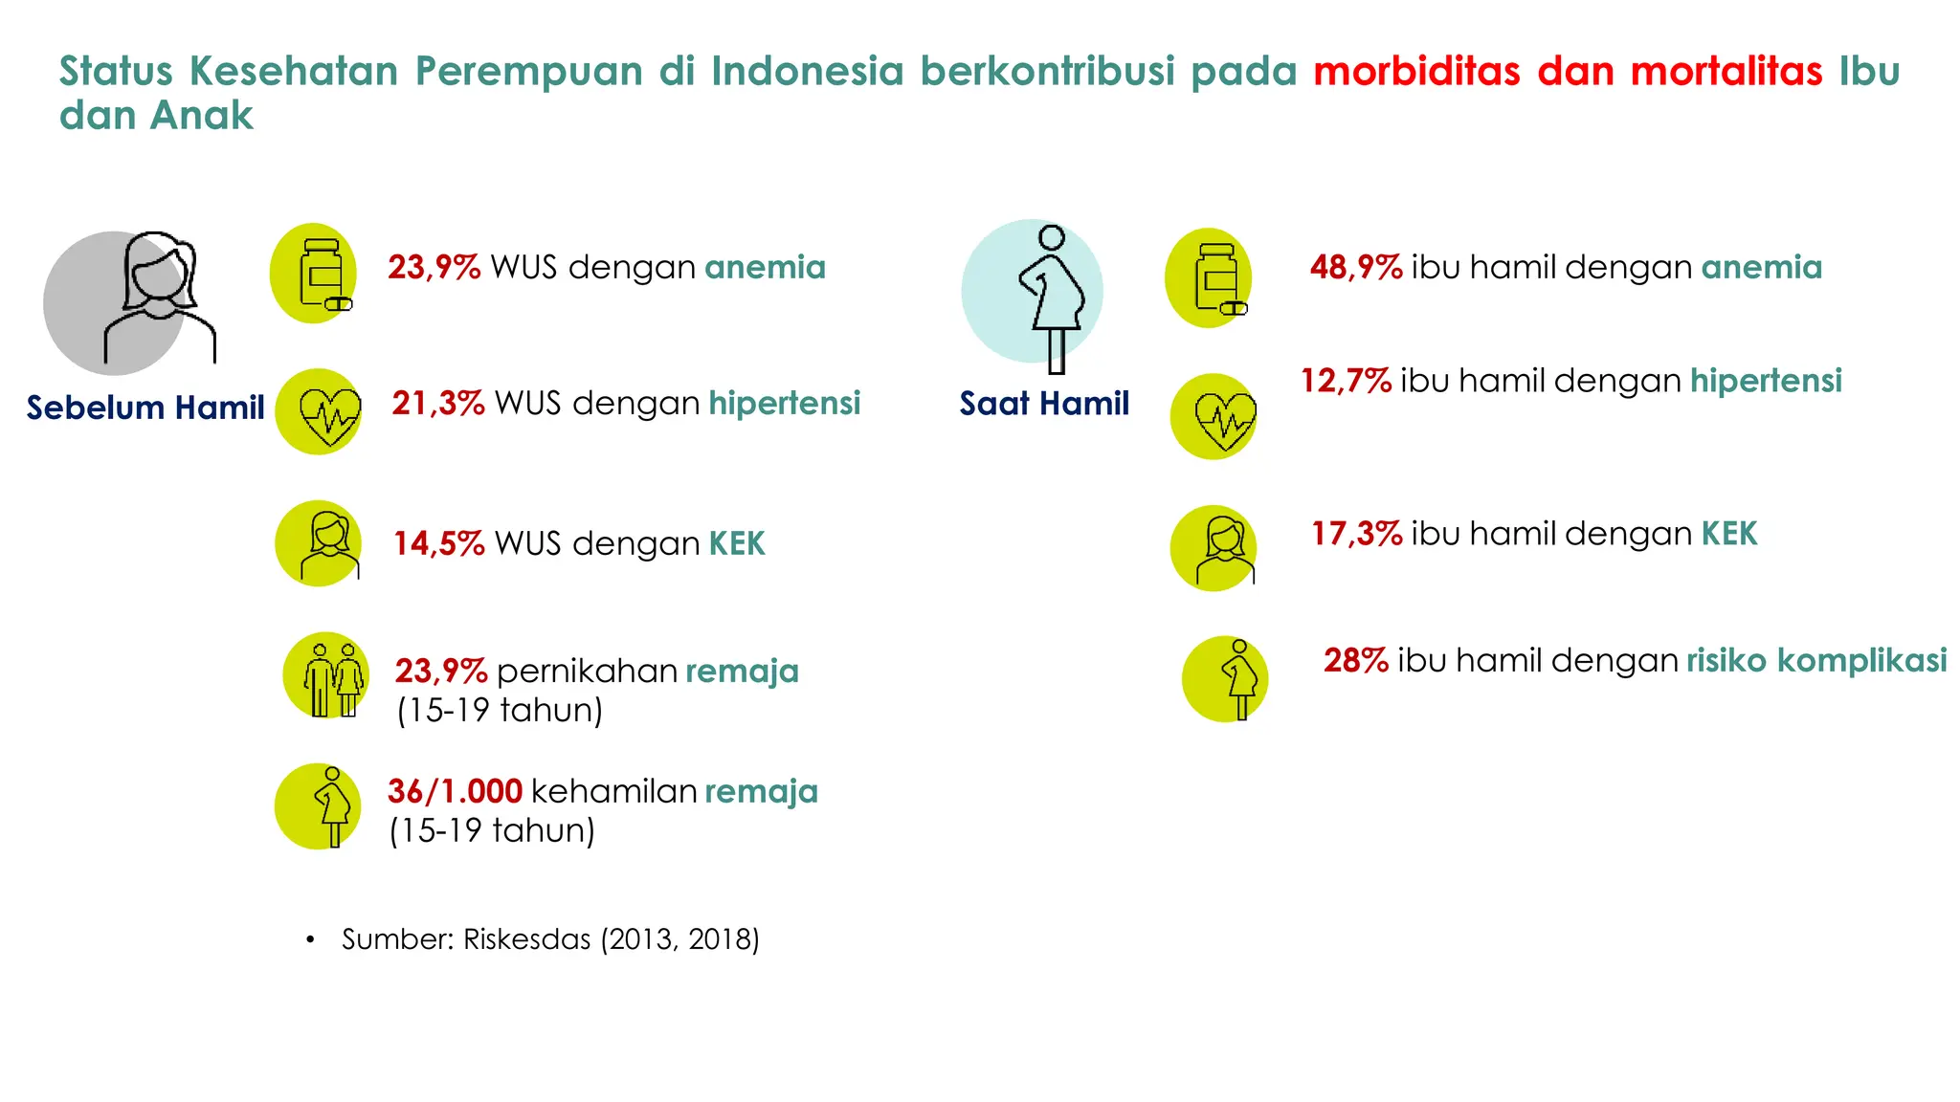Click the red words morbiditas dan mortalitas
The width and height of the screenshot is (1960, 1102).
pos(1567,72)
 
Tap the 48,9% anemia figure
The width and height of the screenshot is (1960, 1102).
pos(1355,267)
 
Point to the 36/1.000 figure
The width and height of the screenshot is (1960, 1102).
pos(455,791)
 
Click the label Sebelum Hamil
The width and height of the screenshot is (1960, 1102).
pos(145,408)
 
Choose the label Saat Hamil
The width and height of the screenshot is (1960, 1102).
pos(1044,404)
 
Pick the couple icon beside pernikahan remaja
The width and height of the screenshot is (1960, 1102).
pos(325,675)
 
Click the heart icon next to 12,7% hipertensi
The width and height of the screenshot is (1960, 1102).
pos(1213,417)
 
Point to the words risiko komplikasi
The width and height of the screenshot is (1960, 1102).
pos(1815,660)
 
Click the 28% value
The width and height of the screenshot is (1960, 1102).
pos(1355,660)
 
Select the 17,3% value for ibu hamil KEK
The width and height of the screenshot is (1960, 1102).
pos(1356,534)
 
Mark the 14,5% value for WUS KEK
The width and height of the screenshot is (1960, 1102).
pos(438,543)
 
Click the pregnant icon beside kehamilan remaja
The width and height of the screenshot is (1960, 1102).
pos(320,806)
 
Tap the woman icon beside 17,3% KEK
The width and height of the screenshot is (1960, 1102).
pos(1213,548)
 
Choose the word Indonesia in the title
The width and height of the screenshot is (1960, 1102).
pos(807,72)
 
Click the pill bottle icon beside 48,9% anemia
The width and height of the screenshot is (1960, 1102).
pos(1210,278)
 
